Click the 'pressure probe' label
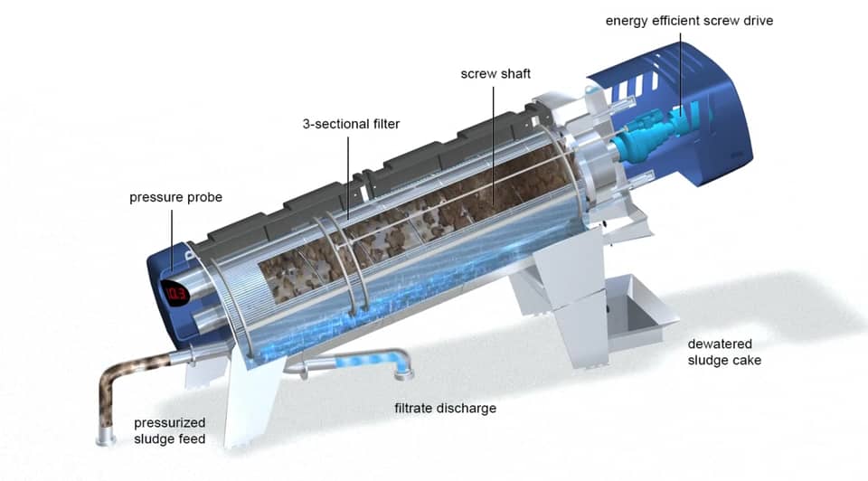coord(175,197)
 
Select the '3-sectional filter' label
coord(351,124)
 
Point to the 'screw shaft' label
coord(495,73)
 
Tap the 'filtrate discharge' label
coord(445,408)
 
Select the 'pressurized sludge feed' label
coord(170,430)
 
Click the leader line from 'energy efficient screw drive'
coord(684,72)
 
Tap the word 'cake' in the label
coord(746,360)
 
